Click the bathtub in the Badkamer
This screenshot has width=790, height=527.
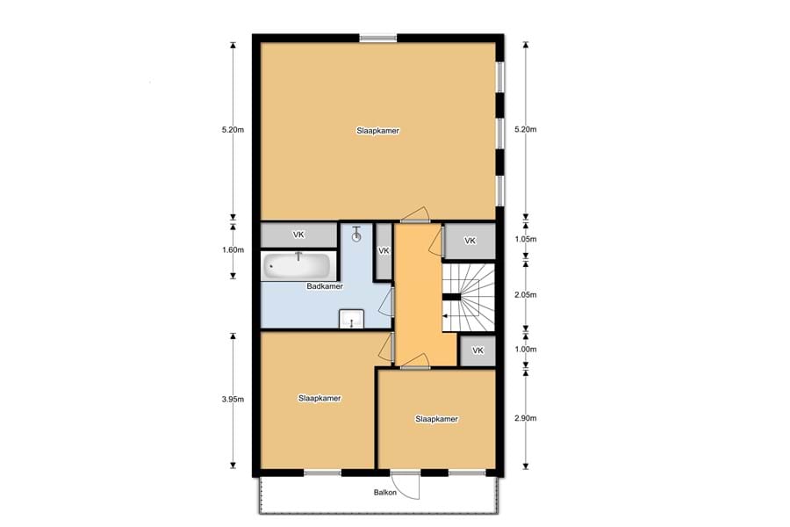pyautogui.click(x=298, y=266)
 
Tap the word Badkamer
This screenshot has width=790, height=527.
pyautogui.click(x=325, y=286)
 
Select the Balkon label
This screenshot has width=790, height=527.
pyautogui.click(x=385, y=492)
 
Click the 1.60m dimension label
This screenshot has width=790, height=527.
pyautogui.click(x=233, y=250)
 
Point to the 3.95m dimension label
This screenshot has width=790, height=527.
pyautogui.click(x=233, y=400)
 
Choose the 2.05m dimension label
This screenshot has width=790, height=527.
pyautogui.click(x=526, y=295)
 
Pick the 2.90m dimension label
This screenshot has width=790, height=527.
pyautogui.click(x=526, y=418)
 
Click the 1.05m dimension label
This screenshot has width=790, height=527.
pyautogui.click(x=526, y=239)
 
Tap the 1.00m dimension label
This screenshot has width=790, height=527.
pyautogui.click(x=526, y=349)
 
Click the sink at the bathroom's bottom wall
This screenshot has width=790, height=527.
pyautogui.click(x=351, y=319)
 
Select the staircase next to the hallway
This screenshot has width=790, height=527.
pyautogui.click(x=468, y=298)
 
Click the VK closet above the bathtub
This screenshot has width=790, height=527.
pyautogui.click(x=298, y=235)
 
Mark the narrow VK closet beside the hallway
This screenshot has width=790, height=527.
pyautogui.click(x=384, y=251)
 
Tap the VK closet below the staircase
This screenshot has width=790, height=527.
pyautogui.click(x=478, y=350)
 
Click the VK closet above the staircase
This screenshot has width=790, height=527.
pyautogui.click(x=470, y=241)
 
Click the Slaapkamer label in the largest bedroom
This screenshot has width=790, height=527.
pyautogui.click(x=377, y=131)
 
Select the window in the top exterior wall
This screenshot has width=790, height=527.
pyautogui.click(x=377, y=38)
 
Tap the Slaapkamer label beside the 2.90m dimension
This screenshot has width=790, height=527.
pyautogui.click(x=437, y=419)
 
